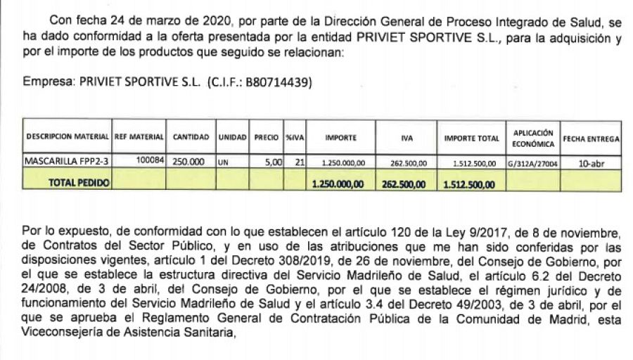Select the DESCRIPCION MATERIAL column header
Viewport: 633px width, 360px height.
point(67,138)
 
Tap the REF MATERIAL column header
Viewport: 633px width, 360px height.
point(139,138)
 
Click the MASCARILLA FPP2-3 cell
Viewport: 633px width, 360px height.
point(67,160)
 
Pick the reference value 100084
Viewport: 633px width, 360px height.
point(150,160)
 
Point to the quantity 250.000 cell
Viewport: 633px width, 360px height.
point(189,161)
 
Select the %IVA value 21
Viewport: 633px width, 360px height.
point(299,161)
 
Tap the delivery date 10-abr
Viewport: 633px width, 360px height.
point(590,163)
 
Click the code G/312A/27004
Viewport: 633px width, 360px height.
point(532,163)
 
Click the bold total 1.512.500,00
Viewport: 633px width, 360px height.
point(470,184)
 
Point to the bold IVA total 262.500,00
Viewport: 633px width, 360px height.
point(404,184)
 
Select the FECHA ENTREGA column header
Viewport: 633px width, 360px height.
point(591,139)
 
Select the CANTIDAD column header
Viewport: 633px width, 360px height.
point(191,138)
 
